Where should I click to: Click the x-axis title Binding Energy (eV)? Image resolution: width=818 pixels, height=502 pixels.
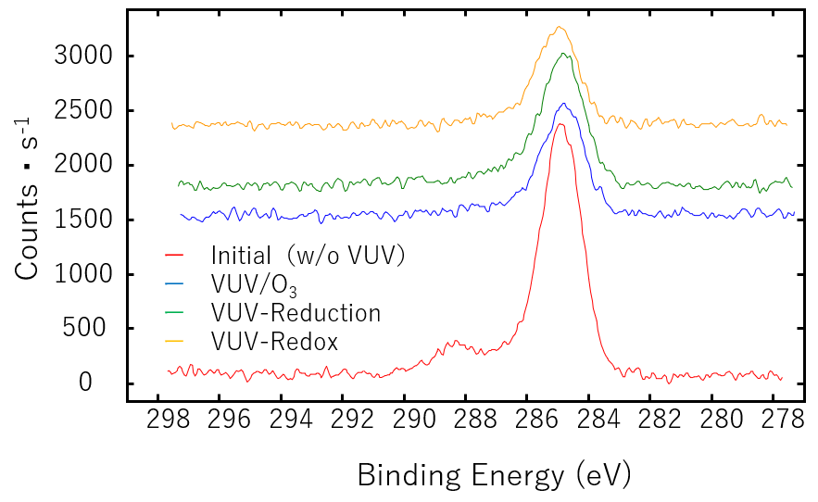tap(493, 475)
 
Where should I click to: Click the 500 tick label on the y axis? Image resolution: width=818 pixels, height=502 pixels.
tap(92, 329)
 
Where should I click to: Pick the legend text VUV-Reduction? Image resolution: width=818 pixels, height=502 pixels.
tap(296, 313)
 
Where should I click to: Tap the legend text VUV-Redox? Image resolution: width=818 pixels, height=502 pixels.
tap(274, 342)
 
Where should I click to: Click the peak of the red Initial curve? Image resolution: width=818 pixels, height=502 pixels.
tap(560, 124)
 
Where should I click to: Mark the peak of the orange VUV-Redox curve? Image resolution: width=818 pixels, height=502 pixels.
tap(559, 27)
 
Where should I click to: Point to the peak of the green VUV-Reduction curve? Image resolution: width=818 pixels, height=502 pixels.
tap(562, 54)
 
